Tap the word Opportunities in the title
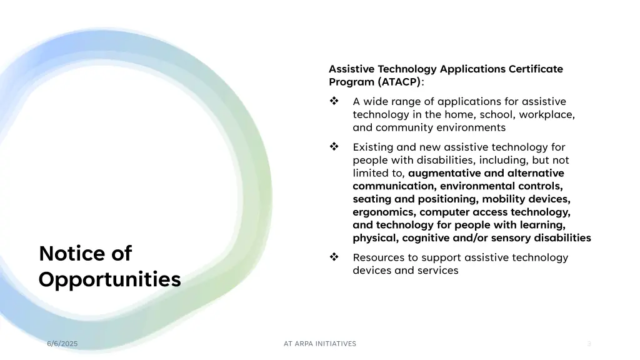point(109,279)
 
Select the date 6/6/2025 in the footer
point(62,344)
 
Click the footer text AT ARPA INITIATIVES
point(320,344)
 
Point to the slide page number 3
point(589,344)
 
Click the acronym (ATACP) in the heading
point(400,82)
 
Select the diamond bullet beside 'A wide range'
point(334,101)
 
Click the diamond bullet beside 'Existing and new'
point(334,147)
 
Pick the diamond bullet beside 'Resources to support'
point(334,257)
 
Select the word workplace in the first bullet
point(548,114)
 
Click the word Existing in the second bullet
point(373,147)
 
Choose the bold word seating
point(371,199)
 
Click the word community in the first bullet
point(403,127)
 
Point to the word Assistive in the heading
point(352,69)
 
